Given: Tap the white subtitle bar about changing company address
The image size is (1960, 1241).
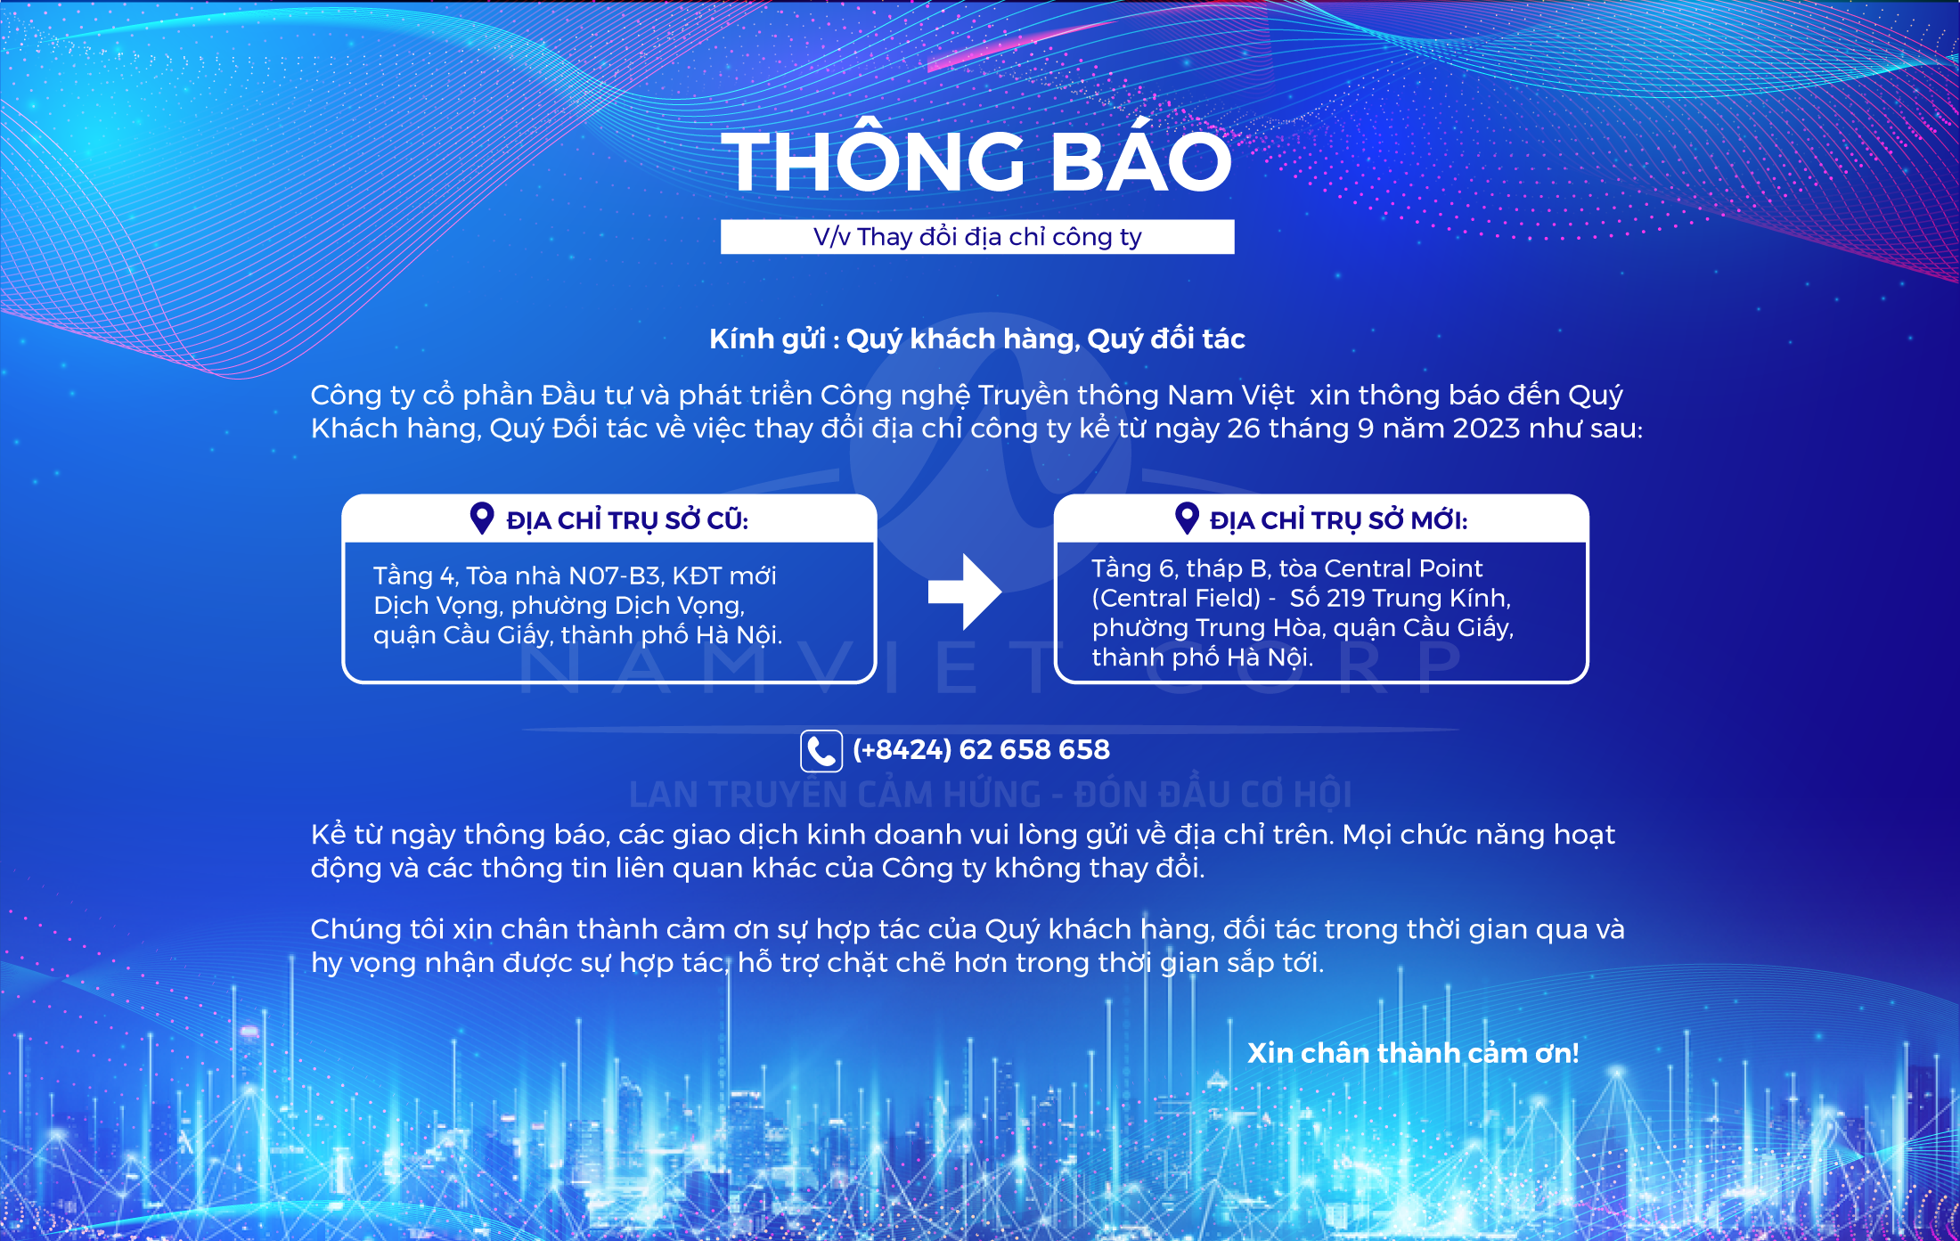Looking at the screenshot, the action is (977, 237).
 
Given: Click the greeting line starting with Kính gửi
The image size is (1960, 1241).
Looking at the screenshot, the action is (976, 339).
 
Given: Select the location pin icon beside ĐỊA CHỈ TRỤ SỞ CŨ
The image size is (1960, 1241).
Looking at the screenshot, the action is (482, 518).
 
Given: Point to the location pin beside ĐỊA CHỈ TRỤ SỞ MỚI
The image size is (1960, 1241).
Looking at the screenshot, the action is (1187, 518).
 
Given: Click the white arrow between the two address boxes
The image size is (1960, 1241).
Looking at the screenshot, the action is (965, 592).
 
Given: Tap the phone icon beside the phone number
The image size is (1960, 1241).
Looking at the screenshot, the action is (821, 750).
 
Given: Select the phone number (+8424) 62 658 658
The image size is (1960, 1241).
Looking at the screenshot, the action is (981, 750).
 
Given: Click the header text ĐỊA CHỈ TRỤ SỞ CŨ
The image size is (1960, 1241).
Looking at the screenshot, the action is (627, 520).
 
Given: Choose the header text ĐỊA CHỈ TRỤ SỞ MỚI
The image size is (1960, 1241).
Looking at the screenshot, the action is (1338, 520).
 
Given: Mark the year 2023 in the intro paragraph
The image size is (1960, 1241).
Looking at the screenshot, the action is (1486, 429).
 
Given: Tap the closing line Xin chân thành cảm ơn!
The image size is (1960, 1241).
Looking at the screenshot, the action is (1413, 1053).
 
